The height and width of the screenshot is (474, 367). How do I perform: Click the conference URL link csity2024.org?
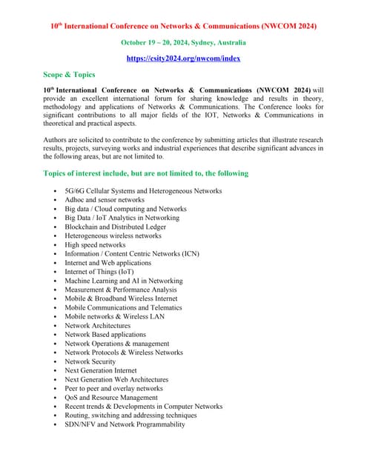tap(183, 58)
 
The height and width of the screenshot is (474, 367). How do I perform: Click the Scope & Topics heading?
tap(69, 75)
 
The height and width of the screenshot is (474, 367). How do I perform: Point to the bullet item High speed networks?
tap(95, 244)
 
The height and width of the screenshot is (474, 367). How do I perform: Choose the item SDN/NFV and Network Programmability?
tap(125, 424)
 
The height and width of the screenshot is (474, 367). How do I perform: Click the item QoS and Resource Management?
tap(111, 397)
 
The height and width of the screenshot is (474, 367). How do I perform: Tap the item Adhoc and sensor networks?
tap(105, 200)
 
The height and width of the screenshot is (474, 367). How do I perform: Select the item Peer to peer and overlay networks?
tap(113, 388)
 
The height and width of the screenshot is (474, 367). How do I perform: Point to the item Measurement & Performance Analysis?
tap(121, 290)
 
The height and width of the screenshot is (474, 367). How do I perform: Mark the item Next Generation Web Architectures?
tap(116, 379)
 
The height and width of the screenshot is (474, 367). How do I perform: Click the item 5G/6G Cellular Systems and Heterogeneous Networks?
tap(143, 191)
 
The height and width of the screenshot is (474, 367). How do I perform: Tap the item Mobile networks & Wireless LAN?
tap(114, 316)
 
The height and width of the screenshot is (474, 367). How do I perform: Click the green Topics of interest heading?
tap(146, 173)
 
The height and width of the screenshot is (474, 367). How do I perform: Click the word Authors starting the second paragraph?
tap(56, 139)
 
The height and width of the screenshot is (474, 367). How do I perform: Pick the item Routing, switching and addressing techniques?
tap(130, 415)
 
